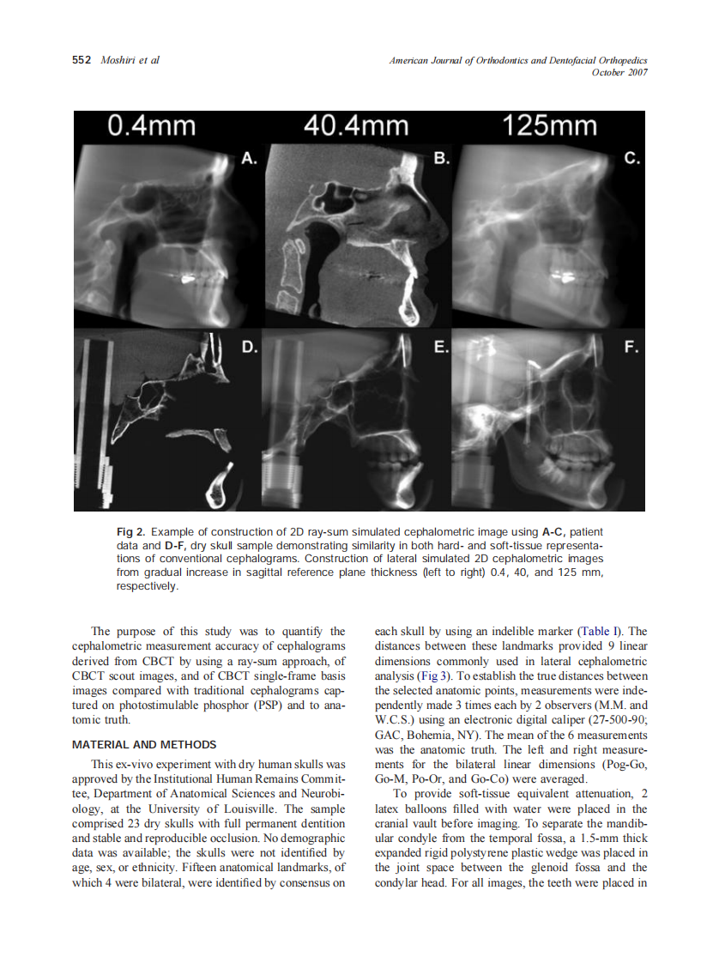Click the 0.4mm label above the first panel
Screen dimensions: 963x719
tap(151, 127)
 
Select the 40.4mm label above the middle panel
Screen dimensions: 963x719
tap(356, 127)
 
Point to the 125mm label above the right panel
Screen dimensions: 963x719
tap(550, 127)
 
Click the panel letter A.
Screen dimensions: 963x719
tap(248, 159)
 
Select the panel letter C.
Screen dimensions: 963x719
tap(632, 159)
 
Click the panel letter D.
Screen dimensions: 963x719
tap(249, 347)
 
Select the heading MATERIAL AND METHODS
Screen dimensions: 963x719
tap(144, 744)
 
